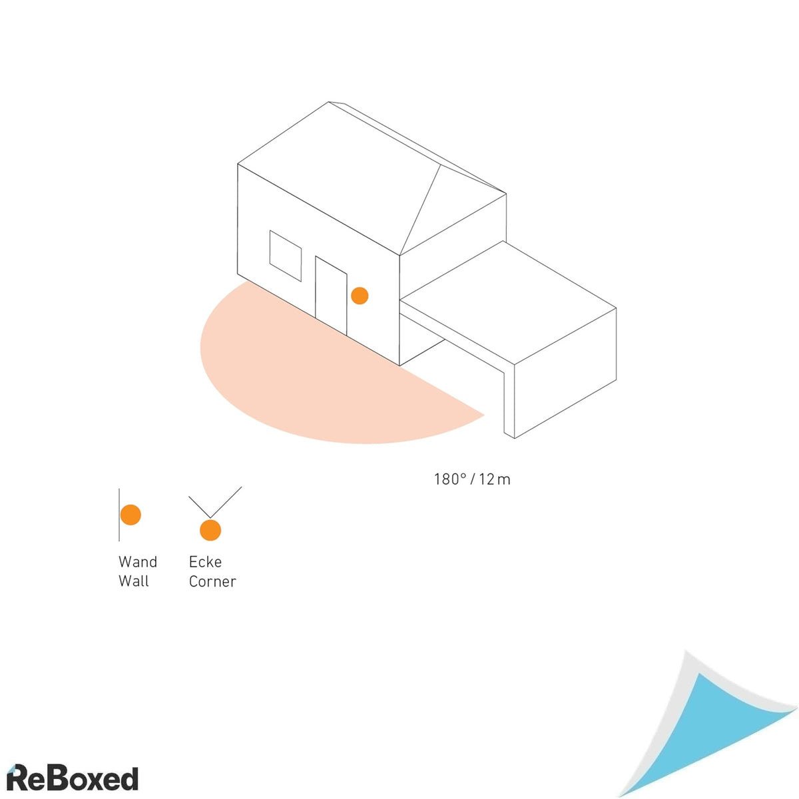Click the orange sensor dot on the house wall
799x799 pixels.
[x=360, y=296]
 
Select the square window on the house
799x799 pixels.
[x=285, y=256]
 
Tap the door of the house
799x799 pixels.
[x=331, y=295]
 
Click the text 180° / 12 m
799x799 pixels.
[x=472, y=479]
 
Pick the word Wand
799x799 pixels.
[x=138, y=562]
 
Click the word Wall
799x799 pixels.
[x=134, y=581]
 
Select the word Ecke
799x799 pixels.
[x=205, y=562]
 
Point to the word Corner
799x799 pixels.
[x=212, y=582]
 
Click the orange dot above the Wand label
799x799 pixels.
[x=131, y=515]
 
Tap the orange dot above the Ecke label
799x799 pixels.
[x=210, y=530]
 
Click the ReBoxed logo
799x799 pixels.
[x=73, y=778]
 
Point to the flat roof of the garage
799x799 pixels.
[x=508, y=303]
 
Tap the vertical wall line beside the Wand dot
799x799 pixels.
[x=119, y=515]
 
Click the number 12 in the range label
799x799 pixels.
[x=487, y=479]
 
